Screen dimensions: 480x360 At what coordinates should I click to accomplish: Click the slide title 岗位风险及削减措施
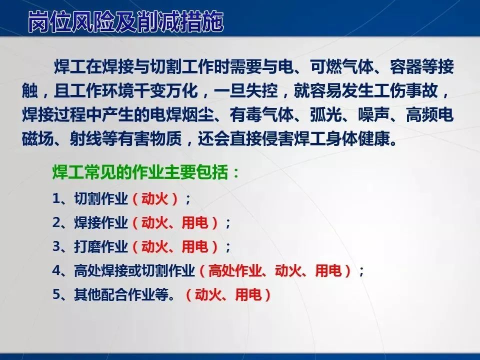tap(125, 21)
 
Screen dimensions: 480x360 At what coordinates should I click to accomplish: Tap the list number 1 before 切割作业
tap(56, 198)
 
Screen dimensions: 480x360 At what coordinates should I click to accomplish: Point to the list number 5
tap(57, 294)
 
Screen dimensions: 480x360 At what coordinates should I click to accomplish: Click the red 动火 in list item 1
tap(155, 198)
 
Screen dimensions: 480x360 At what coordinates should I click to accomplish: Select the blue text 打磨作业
tap(100, 246)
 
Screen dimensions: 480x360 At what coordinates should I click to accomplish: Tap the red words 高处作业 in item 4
tap(235, 270)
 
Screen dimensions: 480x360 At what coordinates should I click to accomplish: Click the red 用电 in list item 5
tap(248, 294)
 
